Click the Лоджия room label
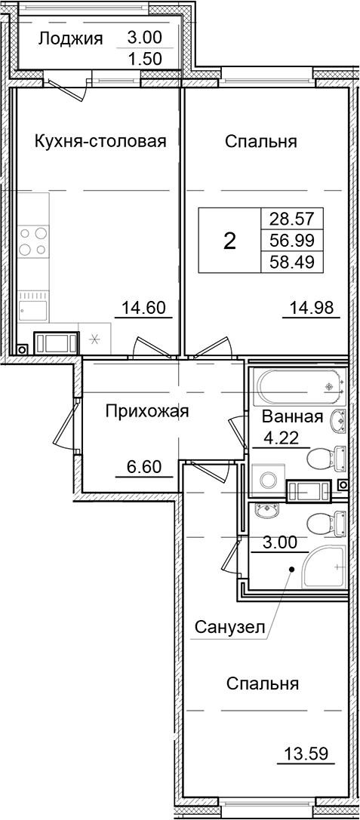pyautogui.click(x=69, y=39)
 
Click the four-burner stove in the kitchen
pyautogui.click(x=31, y=241)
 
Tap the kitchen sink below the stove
pyautogui.click(x=33, y=309)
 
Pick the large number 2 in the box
pyautogui.click(x=229, y=241)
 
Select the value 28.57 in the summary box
pyautogui.click(x=291, y=220)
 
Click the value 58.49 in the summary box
pyautogui.click(x=291, y=262)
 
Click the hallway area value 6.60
pyautogui.click(x=143, y=466)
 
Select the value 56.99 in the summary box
pyautogui.click(x=291, y=241)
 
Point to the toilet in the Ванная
pyautogui.click(x=326, y=457)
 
